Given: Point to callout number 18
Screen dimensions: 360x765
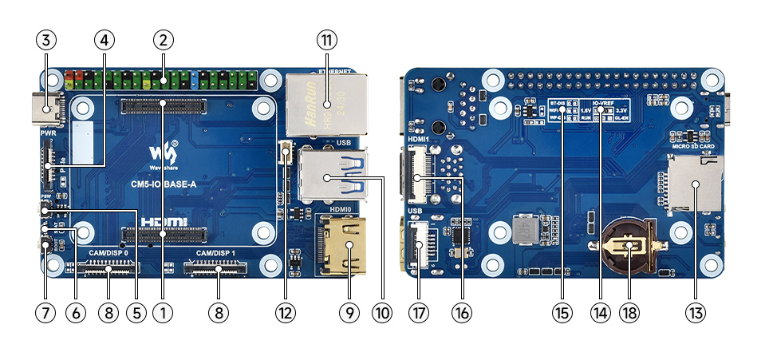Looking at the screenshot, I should point(629,313).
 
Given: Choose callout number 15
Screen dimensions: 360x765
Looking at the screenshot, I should point(562,313).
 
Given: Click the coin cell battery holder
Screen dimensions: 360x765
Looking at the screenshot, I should point(629,247).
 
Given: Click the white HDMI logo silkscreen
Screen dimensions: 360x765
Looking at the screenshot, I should point(165,220).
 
